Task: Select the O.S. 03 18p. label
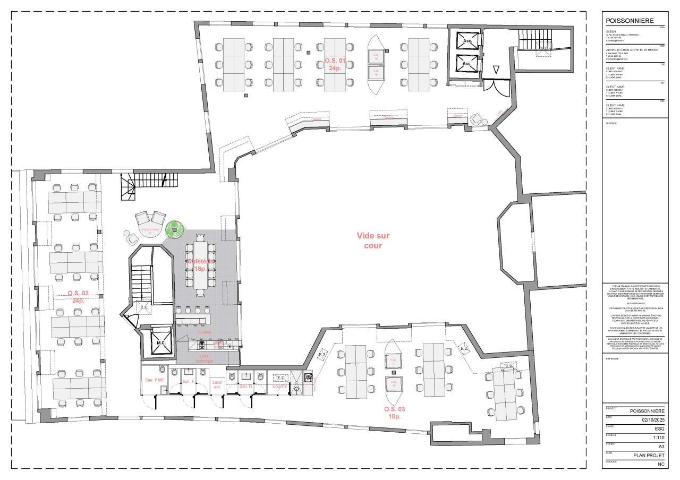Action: tap(394, 413)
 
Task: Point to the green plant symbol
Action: tap(174, 229)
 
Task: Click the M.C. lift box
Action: tap(161, 342)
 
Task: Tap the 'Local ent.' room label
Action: tap(217, 384)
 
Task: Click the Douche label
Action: tap(279, 386)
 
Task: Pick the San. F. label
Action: tap(188, 381)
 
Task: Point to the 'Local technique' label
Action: tap(204, 358)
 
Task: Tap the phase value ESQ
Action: tap(659, 428)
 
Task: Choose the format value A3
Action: tap(661, 447)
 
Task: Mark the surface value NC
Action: tap(661, 464)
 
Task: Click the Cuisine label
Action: tap(204, 332)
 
